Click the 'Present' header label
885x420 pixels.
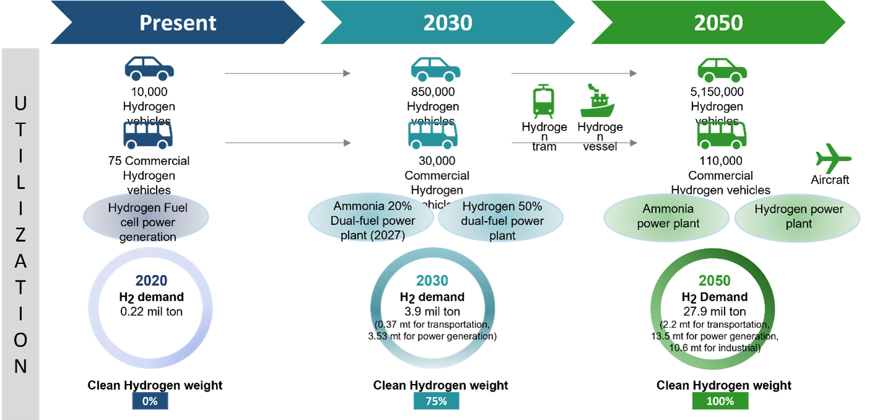(x=178, y=23)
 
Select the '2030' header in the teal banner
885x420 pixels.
(x=447, y=23)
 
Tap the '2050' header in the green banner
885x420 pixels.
(x=718, y=23)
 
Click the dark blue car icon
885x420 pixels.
(x=149, y=69)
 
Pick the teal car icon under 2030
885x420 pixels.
(x=436, y=69)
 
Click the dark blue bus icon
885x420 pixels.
(x=148, y=135)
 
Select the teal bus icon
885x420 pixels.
(x=432, y=135)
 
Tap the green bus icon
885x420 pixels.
(x=722, y=135)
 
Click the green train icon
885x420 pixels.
(x=543, y=102)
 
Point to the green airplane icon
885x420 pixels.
(x=833, y=159)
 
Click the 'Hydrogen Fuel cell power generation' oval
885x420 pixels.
(x=146, y=216)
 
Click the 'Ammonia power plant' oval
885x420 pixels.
(x=667, y=216)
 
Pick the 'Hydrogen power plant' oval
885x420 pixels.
(x=798, y=216)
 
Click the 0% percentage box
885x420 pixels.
(x=150, y=401)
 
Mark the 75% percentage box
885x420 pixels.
(x=436, y=401)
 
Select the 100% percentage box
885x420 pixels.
(x=720, y=401)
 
